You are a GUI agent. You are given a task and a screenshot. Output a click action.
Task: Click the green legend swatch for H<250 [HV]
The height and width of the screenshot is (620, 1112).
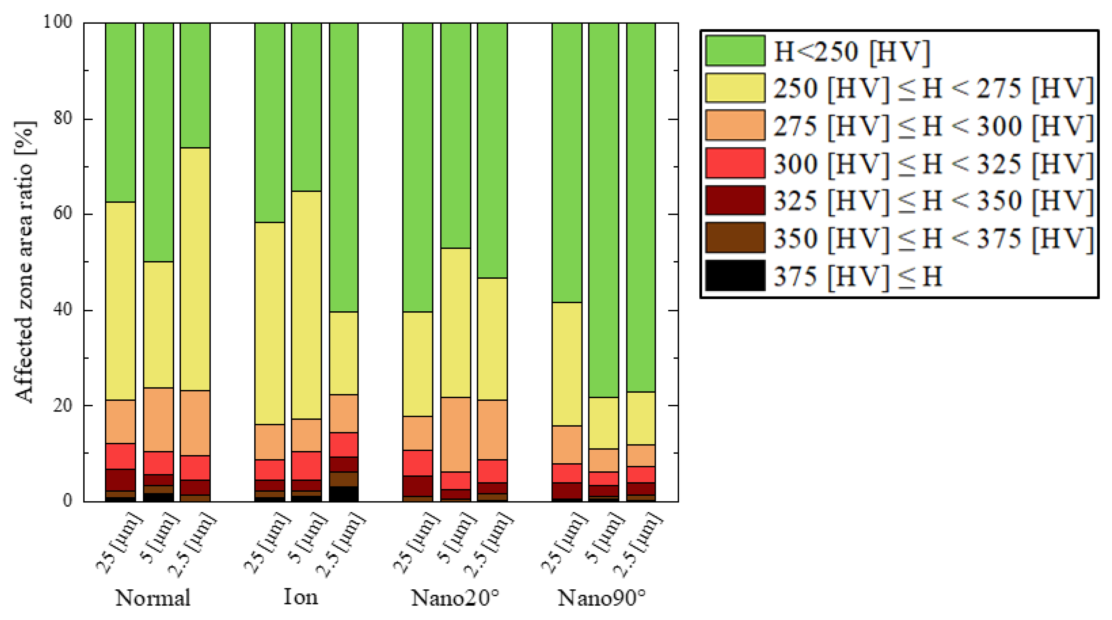tap(735, 51)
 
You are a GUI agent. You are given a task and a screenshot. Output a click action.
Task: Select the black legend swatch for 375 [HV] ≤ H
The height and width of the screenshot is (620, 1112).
tap(735, 275)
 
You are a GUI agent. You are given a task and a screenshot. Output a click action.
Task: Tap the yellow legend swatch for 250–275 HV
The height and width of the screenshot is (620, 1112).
tap(735, 88)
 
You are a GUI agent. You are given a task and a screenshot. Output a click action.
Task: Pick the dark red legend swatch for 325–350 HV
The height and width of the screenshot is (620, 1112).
tap(735, 200)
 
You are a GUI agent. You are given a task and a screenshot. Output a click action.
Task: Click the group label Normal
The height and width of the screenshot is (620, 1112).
tap(152, 598)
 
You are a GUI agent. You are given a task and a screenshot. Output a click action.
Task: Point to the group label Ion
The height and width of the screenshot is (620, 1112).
tap(301, 597)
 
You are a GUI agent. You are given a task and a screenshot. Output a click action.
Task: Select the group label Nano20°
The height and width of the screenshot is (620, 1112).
tap(455, 598)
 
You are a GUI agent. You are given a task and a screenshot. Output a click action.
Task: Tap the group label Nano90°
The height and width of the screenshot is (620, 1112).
tap(602, 598)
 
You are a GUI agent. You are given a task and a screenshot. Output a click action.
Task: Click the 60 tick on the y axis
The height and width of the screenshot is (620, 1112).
tap(62, 214)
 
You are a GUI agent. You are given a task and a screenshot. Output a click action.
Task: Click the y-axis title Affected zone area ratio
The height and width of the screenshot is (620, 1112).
tap(25, 261)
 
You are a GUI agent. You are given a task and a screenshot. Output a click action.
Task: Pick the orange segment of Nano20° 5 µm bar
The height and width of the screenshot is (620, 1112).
tap(455, 434)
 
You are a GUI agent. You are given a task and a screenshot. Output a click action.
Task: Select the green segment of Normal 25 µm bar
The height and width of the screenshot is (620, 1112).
tap(121, 112)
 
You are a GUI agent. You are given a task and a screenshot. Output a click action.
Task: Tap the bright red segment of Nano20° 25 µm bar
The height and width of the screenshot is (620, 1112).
tap(418, 463)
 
